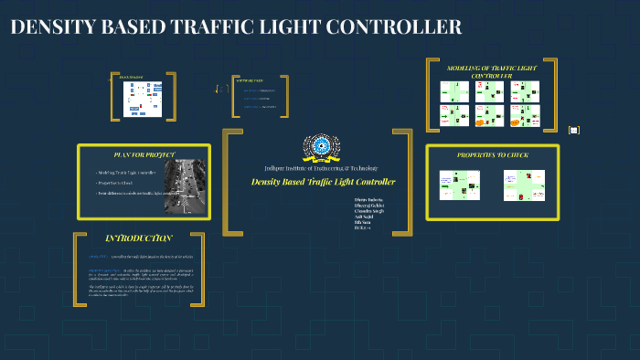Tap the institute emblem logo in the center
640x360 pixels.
click(x=321, y=146)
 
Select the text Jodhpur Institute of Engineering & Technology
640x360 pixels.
click(x=315, y=168)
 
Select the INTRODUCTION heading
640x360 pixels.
click(x=138, y=238)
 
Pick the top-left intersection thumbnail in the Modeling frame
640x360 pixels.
click(x=454, y=91)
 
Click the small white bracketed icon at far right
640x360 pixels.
click(x=574, y=130)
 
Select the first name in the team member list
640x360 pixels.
click(x=368, y=197)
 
